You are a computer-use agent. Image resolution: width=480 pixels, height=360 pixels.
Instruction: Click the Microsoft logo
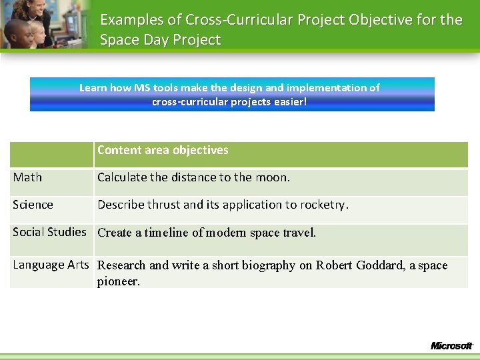451,346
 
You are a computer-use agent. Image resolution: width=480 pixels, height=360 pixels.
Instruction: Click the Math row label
27,177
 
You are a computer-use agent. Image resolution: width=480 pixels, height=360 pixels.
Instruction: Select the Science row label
33,205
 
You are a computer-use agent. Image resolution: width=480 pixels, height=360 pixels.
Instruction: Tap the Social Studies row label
49,232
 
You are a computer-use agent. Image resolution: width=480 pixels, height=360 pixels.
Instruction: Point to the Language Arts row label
51,265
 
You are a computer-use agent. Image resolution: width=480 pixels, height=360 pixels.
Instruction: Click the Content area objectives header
163,150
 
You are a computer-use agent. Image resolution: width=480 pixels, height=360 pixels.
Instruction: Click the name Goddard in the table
379,265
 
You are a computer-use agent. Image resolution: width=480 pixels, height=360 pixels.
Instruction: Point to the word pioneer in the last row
118,281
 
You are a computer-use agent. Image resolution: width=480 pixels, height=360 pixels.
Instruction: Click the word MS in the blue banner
141,87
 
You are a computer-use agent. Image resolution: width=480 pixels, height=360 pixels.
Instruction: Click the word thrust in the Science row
164,205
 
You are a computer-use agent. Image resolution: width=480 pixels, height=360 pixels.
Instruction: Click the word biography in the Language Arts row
265,265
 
